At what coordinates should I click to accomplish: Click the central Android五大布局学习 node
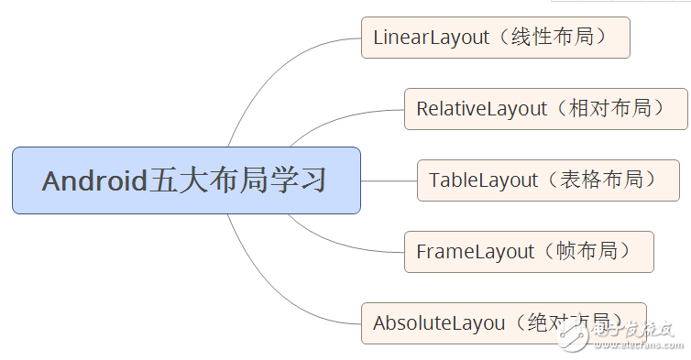(x=186, y=180)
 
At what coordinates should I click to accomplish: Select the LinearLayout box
(x=496, y=38)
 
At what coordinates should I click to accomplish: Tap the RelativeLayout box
(x=546, y=109)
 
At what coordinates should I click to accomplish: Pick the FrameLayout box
(x=529, y=251)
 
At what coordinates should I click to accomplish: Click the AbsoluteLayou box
(x=503, y=322)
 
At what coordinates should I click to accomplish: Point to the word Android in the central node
(x=94, y=180)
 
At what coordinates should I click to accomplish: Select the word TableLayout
(x=483, y=180)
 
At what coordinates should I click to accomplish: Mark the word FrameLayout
(x=475, y=251)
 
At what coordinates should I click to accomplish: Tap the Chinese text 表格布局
(x=613, y=180)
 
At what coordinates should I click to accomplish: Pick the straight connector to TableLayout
(x=389, y=180)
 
